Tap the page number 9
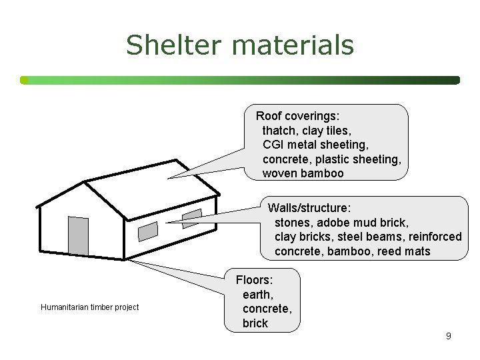tap(449, 336)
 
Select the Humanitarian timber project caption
tap(89, 307)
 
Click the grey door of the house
tap(79, 236)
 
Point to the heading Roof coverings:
tap(298, 116)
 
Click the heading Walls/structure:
tap(309, 208)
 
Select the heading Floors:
tap(255, 280)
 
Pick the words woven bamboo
tap(303, 173)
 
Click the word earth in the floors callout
tap(257, 295)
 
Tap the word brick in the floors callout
tap(255, 323)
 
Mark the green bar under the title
tap(240, 80)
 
